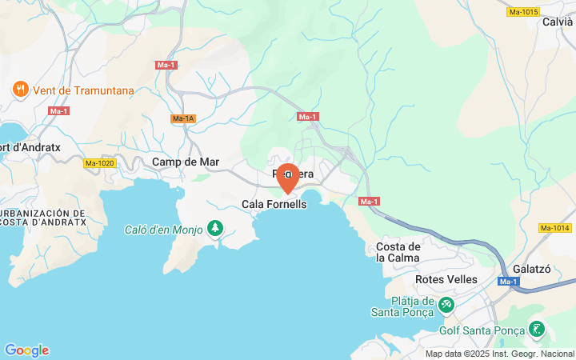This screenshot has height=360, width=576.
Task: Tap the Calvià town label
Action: click(557, 22)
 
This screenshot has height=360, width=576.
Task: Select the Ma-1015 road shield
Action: click(523, 12)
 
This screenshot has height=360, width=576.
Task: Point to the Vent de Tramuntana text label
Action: click(83, 90)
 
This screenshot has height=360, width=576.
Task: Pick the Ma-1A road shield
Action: click(183, 119)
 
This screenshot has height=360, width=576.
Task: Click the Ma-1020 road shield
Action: click(100, 163)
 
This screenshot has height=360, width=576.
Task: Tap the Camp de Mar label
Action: click(186, 162)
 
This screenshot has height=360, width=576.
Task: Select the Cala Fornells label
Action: click(274, 205)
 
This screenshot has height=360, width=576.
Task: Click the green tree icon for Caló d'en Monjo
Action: click(214, 230)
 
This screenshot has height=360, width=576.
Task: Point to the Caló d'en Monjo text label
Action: click(164, 230)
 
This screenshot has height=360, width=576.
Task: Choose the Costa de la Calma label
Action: click(398, 252)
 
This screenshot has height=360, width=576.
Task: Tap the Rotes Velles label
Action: click(446, 279)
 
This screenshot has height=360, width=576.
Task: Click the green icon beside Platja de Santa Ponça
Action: click(446, 305)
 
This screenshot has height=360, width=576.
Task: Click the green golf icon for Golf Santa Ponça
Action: click(536, 329)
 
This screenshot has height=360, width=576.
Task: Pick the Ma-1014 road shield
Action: click(555, 228)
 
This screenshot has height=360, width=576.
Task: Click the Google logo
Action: click(26, 350)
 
